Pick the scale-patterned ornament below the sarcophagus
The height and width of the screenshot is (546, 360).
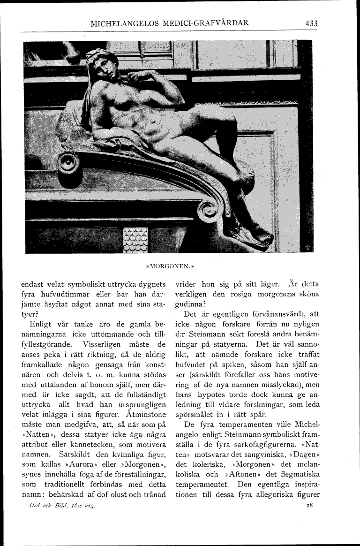coord(135,240)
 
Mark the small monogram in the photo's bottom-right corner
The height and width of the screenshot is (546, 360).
coord(307,248)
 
